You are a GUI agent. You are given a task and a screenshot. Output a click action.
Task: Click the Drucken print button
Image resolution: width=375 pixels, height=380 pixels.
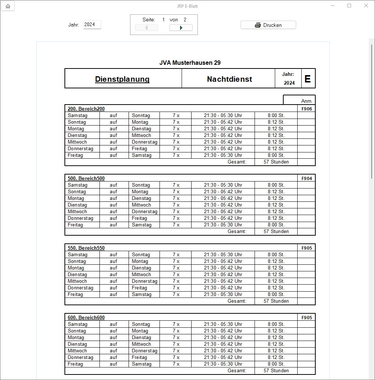click(268, 25)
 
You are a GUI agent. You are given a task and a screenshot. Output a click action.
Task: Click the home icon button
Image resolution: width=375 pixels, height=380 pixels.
click(8, 6)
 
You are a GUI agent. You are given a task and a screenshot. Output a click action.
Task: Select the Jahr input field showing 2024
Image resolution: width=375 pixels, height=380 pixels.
click(92, 25)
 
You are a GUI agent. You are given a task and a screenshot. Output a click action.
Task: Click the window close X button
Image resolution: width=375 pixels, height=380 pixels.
click(366, 6)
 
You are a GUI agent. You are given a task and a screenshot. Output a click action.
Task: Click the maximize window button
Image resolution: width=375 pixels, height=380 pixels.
click(349, 6)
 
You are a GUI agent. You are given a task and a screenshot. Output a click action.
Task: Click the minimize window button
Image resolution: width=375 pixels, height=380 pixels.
click(332, 6)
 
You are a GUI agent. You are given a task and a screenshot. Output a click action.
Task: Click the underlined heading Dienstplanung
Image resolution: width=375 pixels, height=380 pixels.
click(122, 79)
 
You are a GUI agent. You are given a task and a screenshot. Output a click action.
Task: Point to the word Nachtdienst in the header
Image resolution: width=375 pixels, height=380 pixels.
click(229, 79)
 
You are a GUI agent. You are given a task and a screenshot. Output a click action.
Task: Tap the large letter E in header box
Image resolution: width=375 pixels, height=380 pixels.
click(308, 79)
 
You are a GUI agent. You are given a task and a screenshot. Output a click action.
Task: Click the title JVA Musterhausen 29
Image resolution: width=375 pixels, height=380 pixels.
click(190, 63)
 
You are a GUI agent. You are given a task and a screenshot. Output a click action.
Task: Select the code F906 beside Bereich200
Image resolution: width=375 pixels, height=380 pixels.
click(306, 109)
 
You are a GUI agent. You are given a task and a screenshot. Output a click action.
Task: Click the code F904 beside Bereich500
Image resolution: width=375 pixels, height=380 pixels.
click(306, 179)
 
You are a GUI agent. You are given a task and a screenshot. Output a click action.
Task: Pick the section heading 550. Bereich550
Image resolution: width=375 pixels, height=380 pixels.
click(86, 248)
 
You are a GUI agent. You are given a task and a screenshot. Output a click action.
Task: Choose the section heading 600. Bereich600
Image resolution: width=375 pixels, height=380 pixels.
click(86, 318)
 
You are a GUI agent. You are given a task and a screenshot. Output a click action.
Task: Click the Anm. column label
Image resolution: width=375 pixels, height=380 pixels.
click(306, 101)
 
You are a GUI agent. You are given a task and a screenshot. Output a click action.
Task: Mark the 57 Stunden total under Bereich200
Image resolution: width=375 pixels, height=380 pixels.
click(276, 162)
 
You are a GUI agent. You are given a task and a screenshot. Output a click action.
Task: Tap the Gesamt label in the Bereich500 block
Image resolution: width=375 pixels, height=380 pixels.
click(236, 232)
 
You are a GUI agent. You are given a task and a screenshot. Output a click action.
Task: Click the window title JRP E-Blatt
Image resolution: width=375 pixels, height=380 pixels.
click(187, 6)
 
